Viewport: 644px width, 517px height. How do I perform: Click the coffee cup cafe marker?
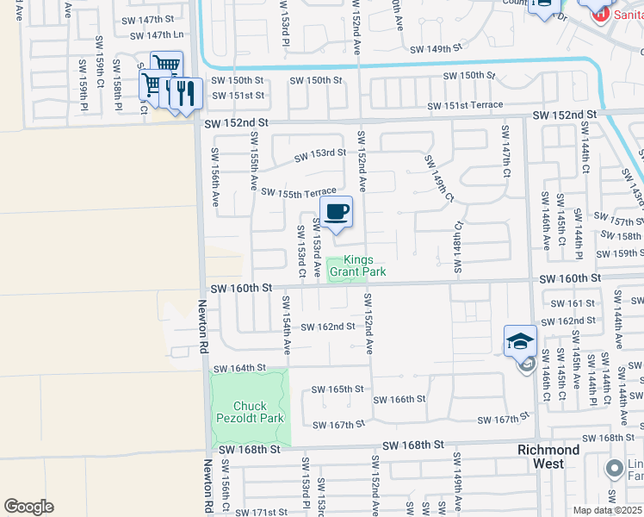337,212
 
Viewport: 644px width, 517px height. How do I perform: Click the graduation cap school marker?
520,341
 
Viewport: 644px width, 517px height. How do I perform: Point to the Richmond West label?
548,457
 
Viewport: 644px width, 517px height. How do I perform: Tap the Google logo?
28,507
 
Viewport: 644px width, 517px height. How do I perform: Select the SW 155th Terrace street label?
298,192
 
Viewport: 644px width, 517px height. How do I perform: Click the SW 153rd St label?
319,155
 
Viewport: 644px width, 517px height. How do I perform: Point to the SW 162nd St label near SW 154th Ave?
328,327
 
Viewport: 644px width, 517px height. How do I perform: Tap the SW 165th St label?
337,389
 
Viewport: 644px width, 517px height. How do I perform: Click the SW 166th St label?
399,399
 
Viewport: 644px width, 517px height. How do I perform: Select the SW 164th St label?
240,368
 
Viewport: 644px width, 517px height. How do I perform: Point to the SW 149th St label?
443,50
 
